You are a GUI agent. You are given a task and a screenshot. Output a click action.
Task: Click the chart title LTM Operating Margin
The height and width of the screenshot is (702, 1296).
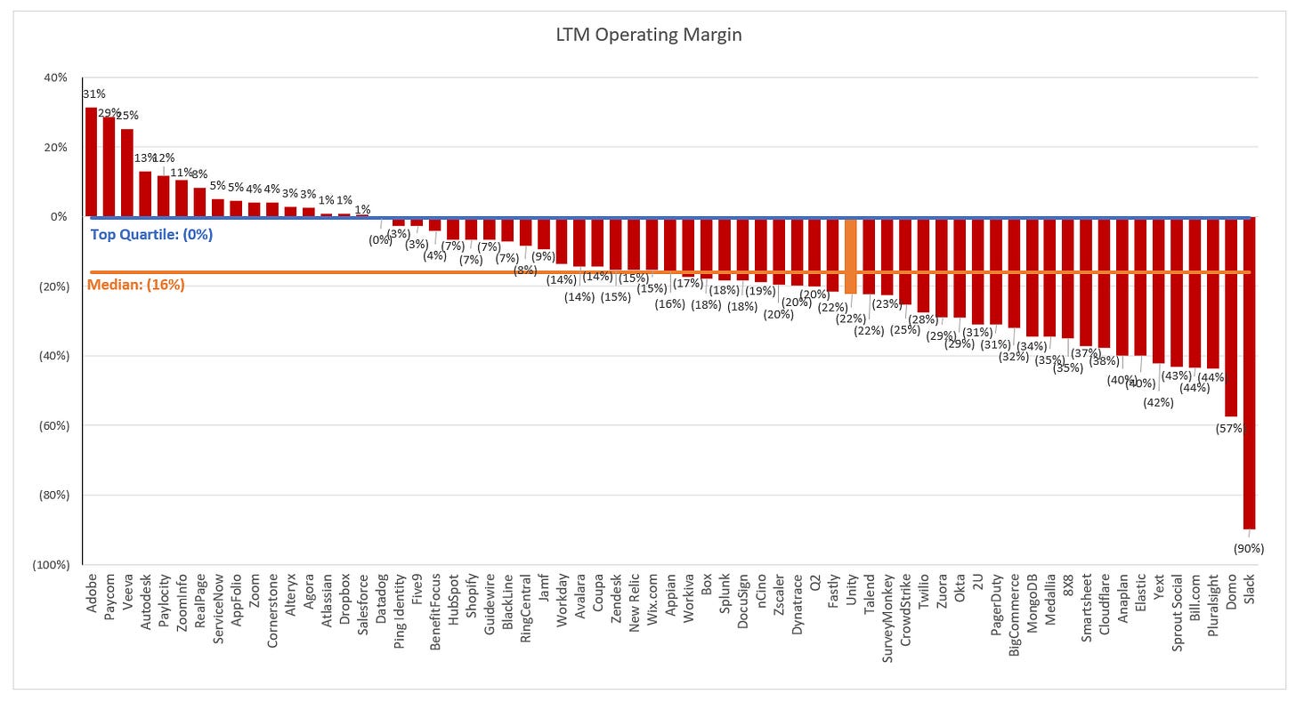(x=647, y=36)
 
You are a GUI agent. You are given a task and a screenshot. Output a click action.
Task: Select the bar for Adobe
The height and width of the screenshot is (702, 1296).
(x=91, y=162)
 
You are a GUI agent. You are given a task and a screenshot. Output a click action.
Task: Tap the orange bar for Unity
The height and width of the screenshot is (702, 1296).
(x=850, y=255)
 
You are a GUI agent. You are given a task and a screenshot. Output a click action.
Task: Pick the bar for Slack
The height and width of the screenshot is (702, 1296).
(x=1250, y=373)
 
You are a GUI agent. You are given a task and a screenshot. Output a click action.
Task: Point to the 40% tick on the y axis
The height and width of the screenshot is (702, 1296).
(x=55, y=77)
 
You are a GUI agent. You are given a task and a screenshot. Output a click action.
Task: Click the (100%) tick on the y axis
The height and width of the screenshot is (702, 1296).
(x=51, y=565)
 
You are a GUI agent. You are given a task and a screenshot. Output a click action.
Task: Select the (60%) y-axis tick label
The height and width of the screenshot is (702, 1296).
(x=53, y=425)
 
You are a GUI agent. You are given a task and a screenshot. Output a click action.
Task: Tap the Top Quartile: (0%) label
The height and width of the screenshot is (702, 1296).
(x=151, y=236)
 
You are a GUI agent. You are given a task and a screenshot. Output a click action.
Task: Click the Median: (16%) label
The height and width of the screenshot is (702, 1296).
(x=135, y=286)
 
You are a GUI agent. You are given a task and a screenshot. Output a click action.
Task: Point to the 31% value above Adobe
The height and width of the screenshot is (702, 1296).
(x=92, y=93)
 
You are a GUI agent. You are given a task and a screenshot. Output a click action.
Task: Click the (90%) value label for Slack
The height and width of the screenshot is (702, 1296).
(x=1250, y=549)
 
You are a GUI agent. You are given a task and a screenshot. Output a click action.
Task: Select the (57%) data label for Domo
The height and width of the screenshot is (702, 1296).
(x=1231, y=429)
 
